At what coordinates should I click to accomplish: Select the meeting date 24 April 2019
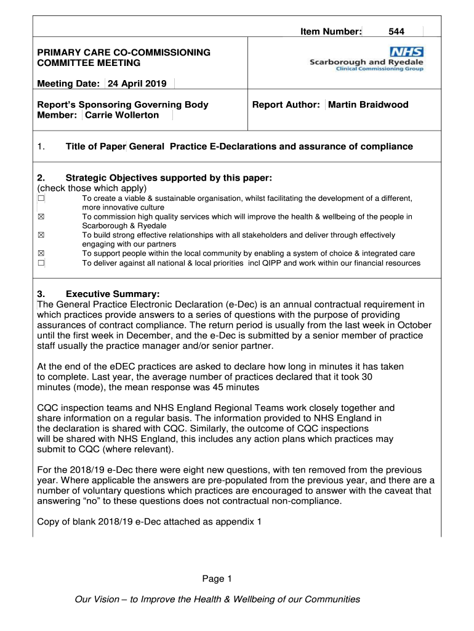[141, 84]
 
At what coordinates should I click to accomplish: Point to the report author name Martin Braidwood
[368, 105]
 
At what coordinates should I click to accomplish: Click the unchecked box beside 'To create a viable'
[41, 198]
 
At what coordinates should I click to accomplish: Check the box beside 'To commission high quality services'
[41, 217]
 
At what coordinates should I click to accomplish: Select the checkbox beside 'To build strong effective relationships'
[41, 235]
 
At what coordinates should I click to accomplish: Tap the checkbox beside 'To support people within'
[41, 254]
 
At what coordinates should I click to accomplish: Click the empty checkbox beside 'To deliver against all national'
[41, 263]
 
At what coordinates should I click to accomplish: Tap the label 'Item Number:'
[331, 31]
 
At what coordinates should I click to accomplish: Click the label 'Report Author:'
[286, 105]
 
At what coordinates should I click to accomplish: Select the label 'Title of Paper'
[95, 147]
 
